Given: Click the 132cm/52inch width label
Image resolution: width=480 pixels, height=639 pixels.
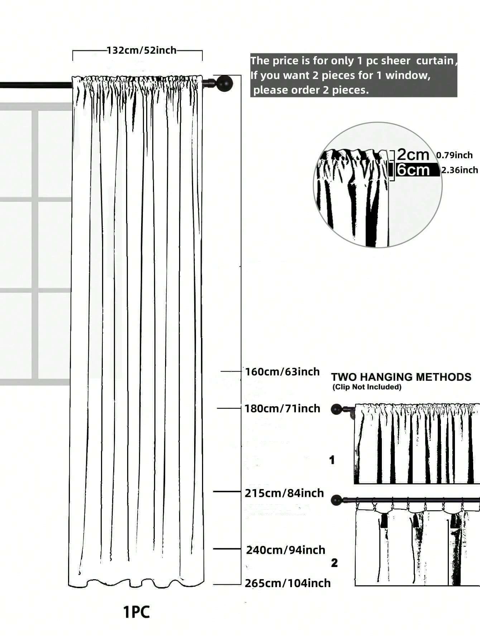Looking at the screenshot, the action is pyautogui.click(x=142, y=50).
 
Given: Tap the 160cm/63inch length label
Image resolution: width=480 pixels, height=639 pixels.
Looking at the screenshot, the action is pyautogui.click(x=282, y=372).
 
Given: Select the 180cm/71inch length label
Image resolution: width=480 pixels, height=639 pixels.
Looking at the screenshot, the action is pyautogui.click(x=282, y=408).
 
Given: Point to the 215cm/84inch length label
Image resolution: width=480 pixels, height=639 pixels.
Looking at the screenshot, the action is pyautogui.click(x=284, y=493).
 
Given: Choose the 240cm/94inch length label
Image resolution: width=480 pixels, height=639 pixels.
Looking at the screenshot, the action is pyautogui.click(x=285, y=550).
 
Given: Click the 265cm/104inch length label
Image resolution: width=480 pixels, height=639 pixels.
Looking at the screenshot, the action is pyautogui.click(x=288, y=583).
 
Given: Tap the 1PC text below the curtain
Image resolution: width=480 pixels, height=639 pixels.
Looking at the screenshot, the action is pyautogui.click(x=136, y=612).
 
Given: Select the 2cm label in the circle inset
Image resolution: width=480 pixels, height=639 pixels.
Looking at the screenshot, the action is pyautogui.click(x=413, y=155).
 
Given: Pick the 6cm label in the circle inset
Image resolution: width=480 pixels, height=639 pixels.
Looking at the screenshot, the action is pyautogui.click(x=413, y=170).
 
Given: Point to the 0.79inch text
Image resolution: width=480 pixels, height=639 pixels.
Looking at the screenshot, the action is pyautogui.click(x=454, y=155).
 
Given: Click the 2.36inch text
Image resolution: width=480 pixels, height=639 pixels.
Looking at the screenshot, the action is pyautogui.click(x=460, y=170).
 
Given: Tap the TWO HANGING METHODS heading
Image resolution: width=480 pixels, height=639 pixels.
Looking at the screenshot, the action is pyautogui.click(x=401, y=377).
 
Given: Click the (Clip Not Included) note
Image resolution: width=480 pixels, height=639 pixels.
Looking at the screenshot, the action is pyautogui.click(x=367, y=387).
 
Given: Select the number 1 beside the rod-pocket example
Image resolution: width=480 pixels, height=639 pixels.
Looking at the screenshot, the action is pyautogui.click(x=332, y=460).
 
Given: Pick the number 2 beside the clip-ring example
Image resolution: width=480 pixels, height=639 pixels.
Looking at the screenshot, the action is pyautogui.click(x=334, y=563).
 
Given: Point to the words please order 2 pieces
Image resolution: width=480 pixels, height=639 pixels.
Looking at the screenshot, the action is pyautogui.click(x=311, y=90).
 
